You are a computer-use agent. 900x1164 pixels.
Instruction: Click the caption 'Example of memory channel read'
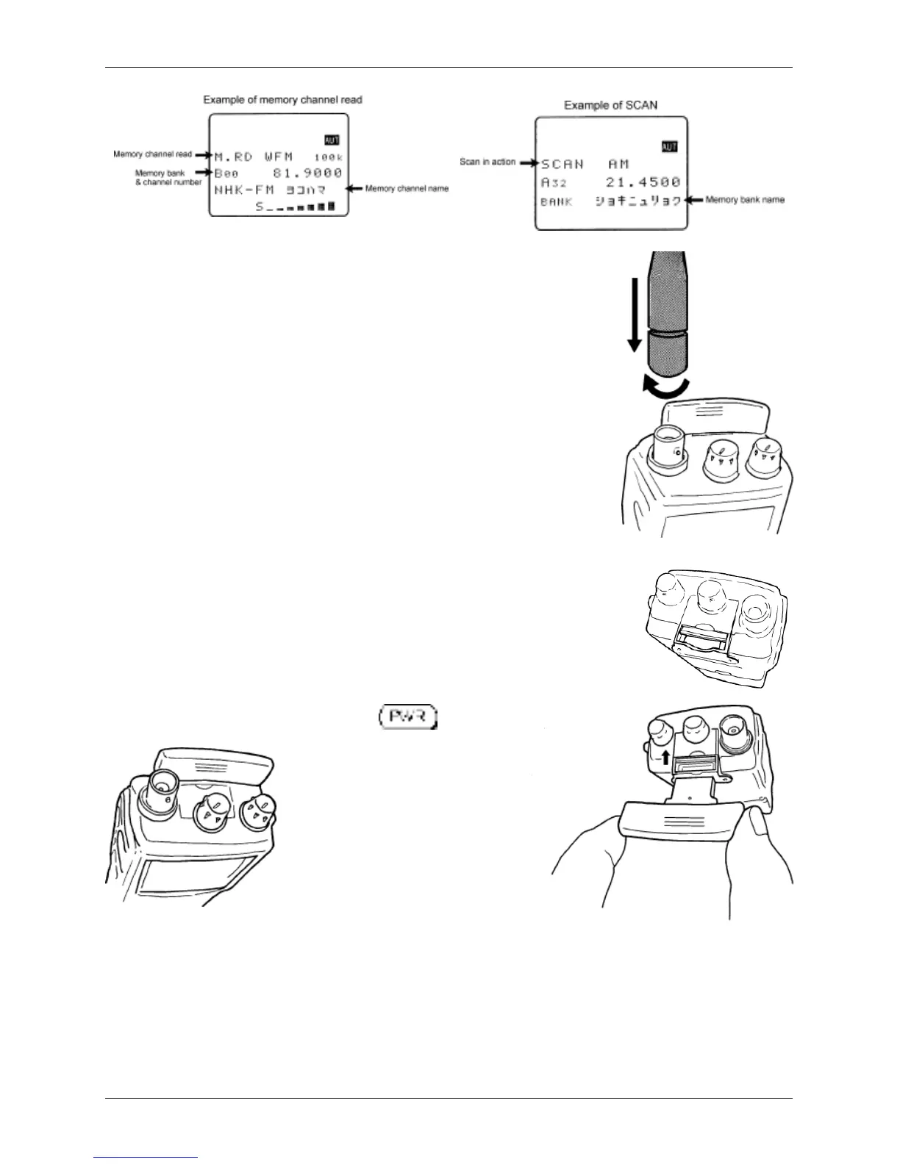click(x=282, y=99)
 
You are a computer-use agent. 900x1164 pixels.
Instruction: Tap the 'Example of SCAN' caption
click(x=610, y=105)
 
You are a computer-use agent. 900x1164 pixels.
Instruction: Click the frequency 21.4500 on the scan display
click(x=643, y=182)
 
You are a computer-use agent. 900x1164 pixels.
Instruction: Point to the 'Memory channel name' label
click(x=407, y=189)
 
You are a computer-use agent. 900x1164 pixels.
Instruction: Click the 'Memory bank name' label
click(x=744, y=200)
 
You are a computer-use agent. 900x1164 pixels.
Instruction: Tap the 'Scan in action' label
click(x=488, y=162)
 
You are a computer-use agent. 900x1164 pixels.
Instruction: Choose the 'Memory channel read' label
click(x=152, y=154)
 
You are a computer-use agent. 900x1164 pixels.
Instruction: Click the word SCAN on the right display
click(x=562, y=165)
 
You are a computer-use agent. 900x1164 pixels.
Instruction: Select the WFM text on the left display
click(x=279, y=157)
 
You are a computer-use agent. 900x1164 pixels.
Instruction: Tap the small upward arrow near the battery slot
click(x=666, y=758)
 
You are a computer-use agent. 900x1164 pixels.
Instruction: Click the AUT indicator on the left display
click(x=332, y=140)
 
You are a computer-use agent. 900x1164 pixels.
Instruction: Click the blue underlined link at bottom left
click(x=146, y=1159)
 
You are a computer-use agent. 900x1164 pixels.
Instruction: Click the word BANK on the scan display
click(x=557, y=201)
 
